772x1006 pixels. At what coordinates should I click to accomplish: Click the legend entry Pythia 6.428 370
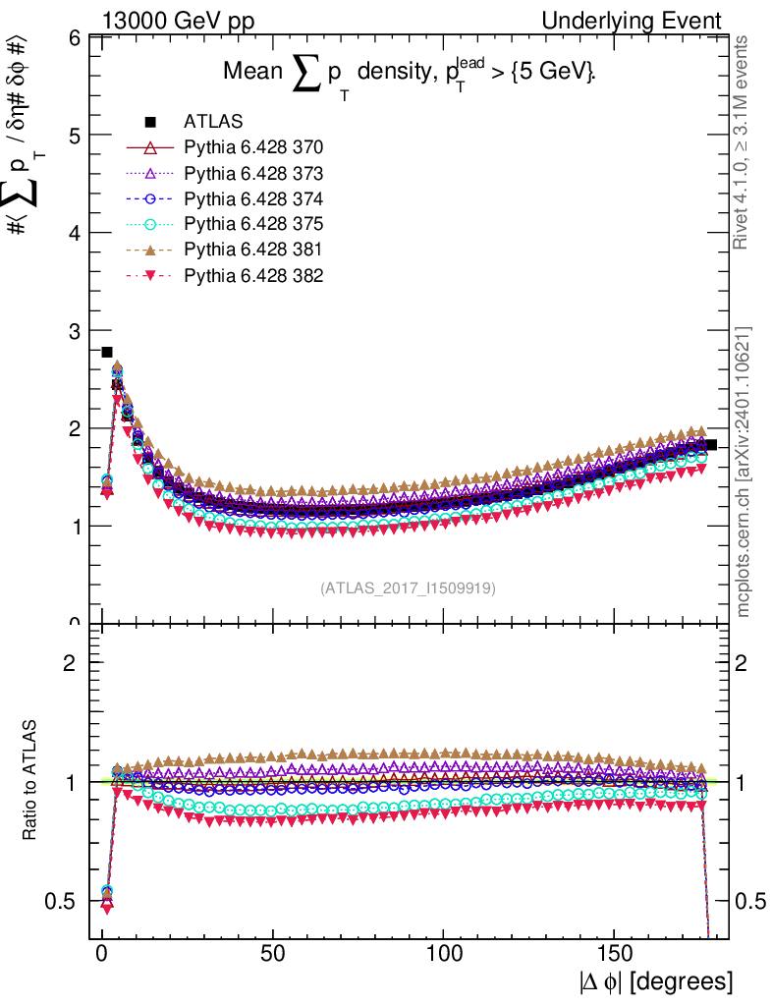pos(253,147)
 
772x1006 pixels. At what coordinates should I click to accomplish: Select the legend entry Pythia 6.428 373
pos(253,173)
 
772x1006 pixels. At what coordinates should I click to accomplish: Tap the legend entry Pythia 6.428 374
pos(253,198)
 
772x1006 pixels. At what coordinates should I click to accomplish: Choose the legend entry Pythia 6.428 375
pos(253,224)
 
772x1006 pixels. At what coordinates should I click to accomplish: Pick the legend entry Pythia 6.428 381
pos(253,250)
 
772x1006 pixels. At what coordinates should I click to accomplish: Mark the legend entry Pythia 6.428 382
pos(253,275)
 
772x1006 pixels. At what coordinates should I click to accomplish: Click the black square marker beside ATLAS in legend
pos(150,122)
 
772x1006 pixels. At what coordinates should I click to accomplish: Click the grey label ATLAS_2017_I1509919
pos(408,588)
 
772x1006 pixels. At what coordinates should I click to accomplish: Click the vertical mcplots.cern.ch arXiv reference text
pos(744,472)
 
